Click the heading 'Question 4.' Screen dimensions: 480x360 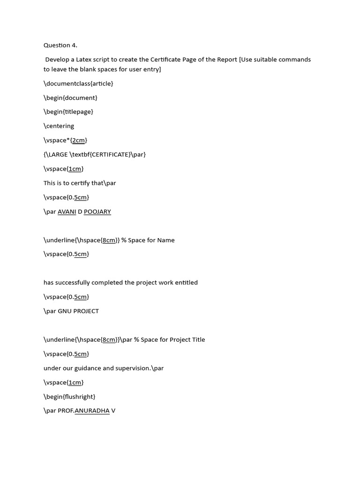pos(60,45)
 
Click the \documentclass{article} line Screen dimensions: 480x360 pos(78,83)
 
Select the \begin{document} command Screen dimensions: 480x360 pos(70,97)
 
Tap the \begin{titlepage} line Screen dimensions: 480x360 pos(68,112)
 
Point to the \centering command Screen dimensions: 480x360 pos(59,126)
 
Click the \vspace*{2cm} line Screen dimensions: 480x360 pos(65,140)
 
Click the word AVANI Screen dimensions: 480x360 pos(67,211)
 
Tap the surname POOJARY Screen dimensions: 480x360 pos(97,211)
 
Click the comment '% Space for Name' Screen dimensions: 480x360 pos(148,240)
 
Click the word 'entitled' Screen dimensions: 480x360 pos(186,282)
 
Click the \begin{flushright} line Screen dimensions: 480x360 pos(69,397)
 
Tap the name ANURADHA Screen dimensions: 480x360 pos(92,411)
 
